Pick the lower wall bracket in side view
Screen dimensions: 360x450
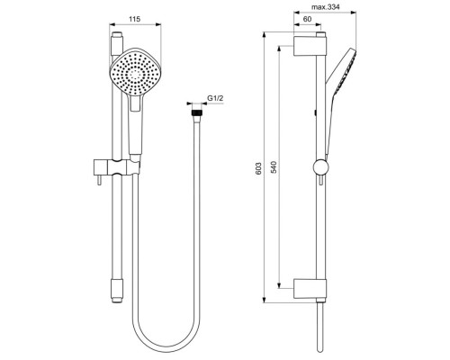click(309, 290)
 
